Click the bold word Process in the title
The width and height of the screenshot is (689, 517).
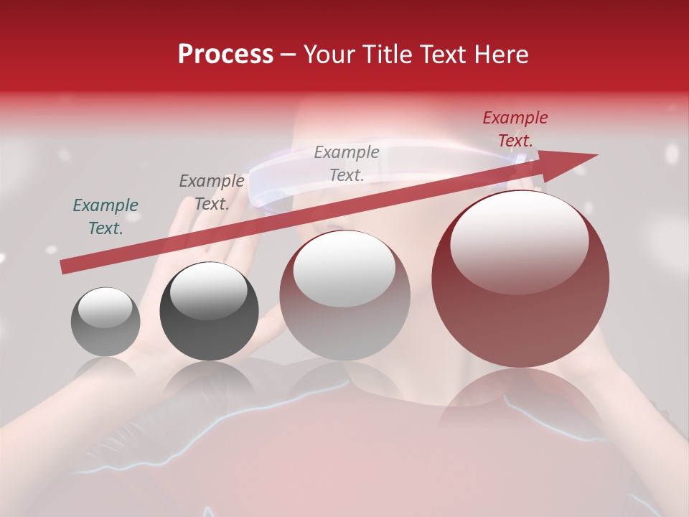click(225, 55)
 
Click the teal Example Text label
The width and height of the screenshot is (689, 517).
click(106, 217)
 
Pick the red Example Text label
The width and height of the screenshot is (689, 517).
click(515, 129)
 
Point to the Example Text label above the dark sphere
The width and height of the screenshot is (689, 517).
click(211, 192)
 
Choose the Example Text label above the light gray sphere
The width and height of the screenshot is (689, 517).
click(347, 163)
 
